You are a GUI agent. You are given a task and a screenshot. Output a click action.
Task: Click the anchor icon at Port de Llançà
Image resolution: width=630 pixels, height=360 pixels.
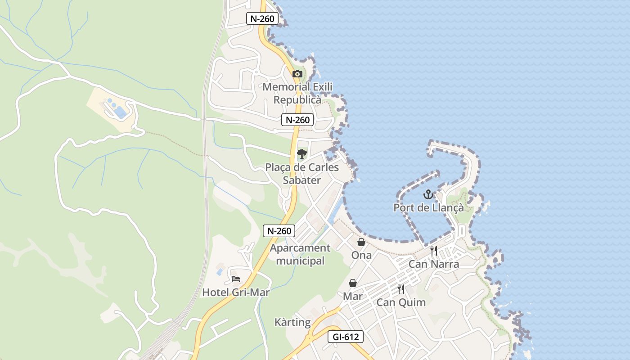tap(428, 194)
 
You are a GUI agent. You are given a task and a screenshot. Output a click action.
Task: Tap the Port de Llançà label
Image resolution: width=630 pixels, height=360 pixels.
tap(428, 207)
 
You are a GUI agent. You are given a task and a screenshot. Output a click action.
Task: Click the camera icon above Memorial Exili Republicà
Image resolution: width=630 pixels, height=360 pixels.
tap(297, 74)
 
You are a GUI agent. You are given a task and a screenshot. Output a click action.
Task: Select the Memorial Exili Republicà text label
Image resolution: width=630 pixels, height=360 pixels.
tap(297, 93)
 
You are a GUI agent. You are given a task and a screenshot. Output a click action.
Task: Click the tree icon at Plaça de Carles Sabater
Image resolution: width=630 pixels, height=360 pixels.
tap(301, 154)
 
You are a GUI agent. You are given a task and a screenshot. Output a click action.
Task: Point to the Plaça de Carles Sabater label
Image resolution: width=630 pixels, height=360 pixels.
tap(301, 174)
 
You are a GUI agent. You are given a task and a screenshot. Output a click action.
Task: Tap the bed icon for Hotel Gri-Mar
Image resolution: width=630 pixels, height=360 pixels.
tap(236, 279)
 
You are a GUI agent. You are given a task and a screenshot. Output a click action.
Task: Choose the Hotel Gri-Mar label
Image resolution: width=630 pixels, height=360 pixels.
tap(236, 292)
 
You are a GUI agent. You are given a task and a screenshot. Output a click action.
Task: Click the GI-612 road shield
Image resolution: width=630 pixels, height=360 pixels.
tap(345, 337)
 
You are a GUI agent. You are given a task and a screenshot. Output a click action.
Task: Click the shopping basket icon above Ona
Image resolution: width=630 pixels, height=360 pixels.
tap(361, 242)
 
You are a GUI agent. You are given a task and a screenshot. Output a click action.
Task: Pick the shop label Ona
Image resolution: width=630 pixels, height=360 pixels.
tap(361, 255)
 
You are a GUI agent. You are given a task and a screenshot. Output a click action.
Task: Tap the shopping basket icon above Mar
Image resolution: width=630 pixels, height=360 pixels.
tap(353, 283)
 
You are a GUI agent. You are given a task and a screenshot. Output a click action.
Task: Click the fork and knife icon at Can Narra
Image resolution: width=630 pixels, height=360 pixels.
tap(434, 251)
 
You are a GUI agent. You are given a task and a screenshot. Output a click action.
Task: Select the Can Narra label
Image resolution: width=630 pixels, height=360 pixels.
tap(433, 264)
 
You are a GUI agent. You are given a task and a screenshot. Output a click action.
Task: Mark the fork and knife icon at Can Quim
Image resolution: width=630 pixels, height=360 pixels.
tap(400, 289)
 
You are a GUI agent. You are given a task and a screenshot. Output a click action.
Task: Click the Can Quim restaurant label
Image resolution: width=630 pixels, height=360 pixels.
tap(400, 302)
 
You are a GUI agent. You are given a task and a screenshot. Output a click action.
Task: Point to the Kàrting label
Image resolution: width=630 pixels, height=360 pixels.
tap(292, 322)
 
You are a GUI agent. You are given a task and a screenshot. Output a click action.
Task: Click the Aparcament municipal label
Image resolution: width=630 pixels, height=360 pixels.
tap(300, 254)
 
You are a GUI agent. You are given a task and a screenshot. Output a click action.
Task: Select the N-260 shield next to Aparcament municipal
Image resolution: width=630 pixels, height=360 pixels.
tap(279, 231)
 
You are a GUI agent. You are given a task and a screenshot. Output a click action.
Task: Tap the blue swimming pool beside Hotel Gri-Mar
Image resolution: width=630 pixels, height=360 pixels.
tap(220, 271)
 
